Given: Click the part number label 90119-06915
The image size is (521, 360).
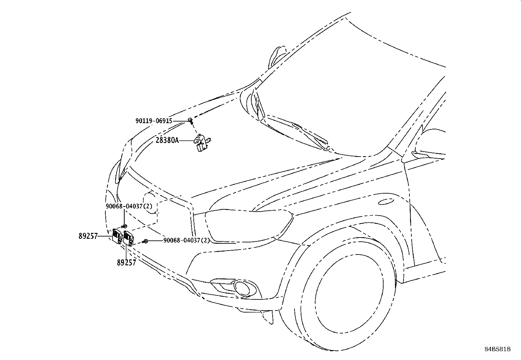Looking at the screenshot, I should tap(154, 121).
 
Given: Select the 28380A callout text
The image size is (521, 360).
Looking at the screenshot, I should tap(167, 141).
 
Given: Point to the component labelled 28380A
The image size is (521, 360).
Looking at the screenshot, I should tap(201, 143).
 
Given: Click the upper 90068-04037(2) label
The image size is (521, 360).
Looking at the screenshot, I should tap(129, 206).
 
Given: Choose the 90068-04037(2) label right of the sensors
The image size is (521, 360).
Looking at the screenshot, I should tap(187, 240).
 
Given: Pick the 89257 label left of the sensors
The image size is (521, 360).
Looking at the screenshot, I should tap(88, 236).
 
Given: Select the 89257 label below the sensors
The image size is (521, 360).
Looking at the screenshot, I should tap(126, 262).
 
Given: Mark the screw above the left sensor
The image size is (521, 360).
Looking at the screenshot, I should tap(125, 226).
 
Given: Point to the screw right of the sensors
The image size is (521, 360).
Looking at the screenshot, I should tap(146, 241).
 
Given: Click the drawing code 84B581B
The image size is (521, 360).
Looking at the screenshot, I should tap(497, 349).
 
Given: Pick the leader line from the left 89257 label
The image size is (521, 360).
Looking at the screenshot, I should tap(105, 236).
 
